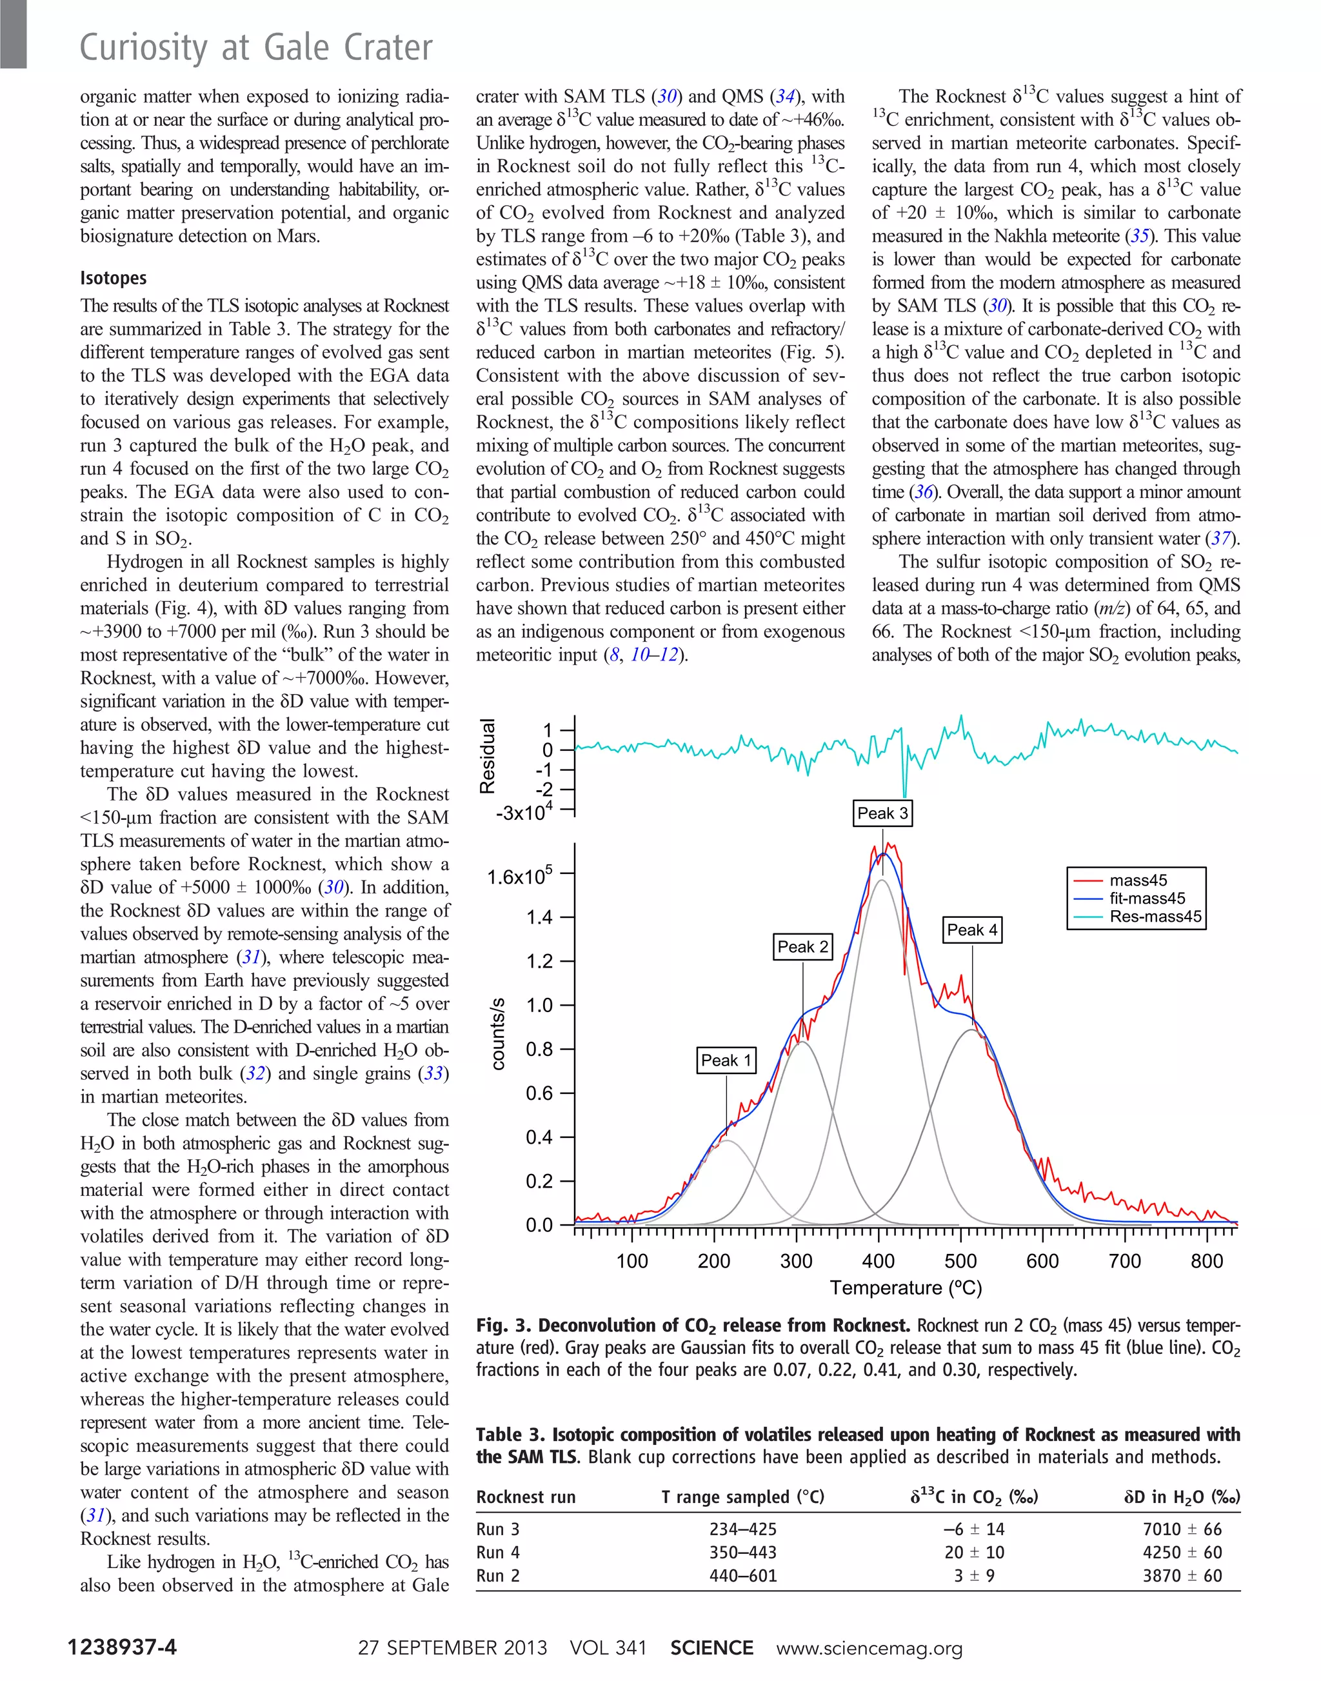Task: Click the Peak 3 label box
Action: (x=882, y=813)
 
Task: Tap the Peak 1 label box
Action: (x=726, y=1060)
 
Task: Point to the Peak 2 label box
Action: (x=803, y=946)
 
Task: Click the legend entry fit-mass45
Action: (x=1146, y=898)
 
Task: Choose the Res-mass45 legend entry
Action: (x=1155, y=917)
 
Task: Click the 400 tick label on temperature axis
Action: (x=879, y=1261)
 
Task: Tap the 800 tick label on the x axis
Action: (x=1207, y=1261)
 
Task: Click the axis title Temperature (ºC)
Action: (x=906, y=1288)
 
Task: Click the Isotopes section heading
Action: (x=113, y=279)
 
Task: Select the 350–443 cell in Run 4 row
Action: (x=742, y=1553)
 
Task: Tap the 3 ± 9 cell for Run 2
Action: (x=974, y=1576)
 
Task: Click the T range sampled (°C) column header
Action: (x=742, y=1497)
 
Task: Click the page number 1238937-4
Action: (x=122, y=1647)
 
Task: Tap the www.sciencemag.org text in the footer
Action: (x=869, y=1647)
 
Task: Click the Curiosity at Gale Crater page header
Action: (x=256, y=48)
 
